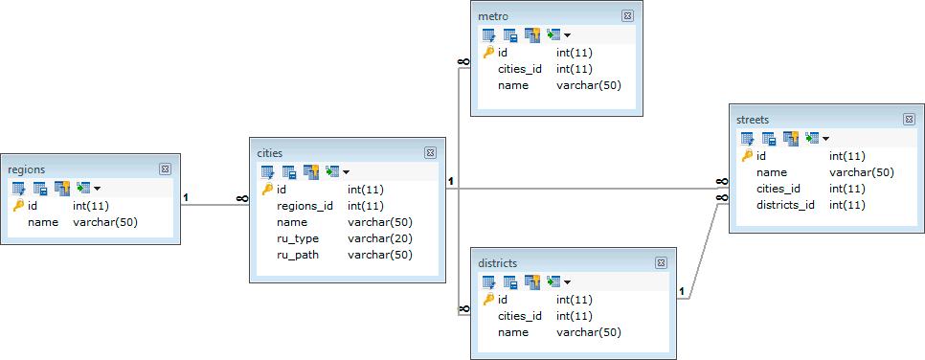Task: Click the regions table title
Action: pyautogui.click(x=27, y=169)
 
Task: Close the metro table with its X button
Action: pyautogui.click(x=627, y=16)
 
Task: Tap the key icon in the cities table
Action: pyautogui.click(x=267, y=190)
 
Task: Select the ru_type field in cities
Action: pyautogui.click(x=298, y=239)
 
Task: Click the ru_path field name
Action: pyautogui.click(x=298, y=256)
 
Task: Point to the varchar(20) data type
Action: pyautogui.click(x=380, y=239)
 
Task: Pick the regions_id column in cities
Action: pyautogui.click(x=305, y=206)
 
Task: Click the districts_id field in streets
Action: pyautogui.click(x=785, y=206)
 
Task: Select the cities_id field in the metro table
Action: pyautogui.click(x=520, y=69)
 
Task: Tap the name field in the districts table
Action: pyautogui.click(x=513, y=332)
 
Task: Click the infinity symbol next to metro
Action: pyautogui.click(x=463, y=61)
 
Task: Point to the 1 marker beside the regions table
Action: pyautogui.click(x=186, y=197)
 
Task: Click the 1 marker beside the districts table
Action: pyautogui.click(x=682, y=291)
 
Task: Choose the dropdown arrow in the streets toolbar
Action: pyautogui.click(x=825, y=139)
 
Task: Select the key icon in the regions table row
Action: pyautogui.click(x=18, y=206)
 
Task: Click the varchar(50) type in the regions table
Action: pyautogui.click(x=105, y=222)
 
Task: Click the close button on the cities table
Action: pyautogui.click(x=431, y=153)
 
